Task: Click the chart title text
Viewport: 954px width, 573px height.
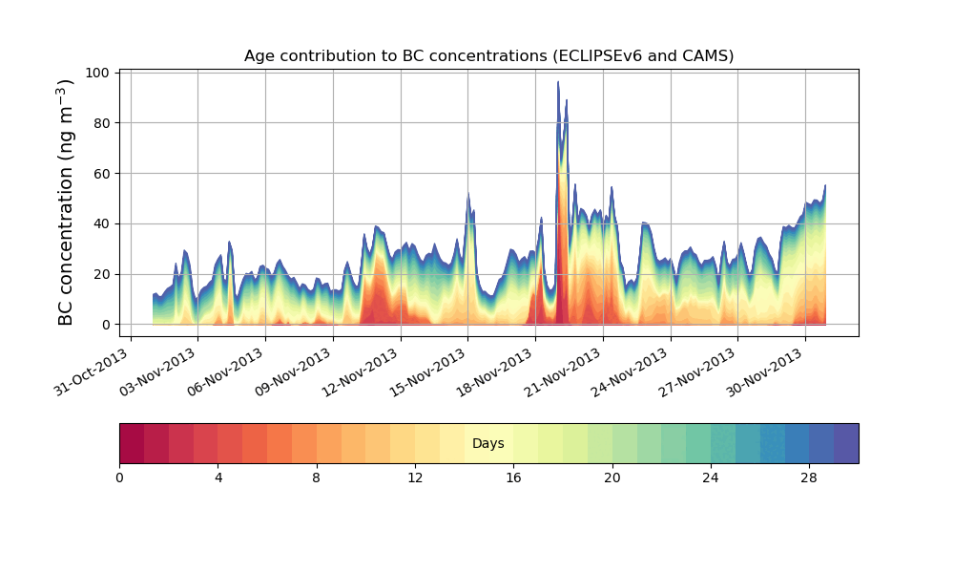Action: pyautogui.click(x=488, y=55)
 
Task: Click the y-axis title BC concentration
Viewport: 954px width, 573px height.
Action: pyautogui.click(x=66, y=202)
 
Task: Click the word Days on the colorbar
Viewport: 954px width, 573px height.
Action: pyautogui.click(x=488, y=444)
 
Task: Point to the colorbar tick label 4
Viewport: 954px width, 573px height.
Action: pyautogui.click(x=218, y=477)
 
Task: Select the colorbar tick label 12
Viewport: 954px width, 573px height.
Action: pyautogui.click(x=415, y=477)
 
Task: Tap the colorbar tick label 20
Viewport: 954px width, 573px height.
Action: pyautogui.click(x=612, y=477)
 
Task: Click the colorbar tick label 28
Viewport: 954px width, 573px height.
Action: pyautogui.click(x=809, y=477)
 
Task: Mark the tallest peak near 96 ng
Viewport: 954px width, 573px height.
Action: pyautogui.click(x=559, y=83)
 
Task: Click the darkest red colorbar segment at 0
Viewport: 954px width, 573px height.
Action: pyautogui.click(x=132, y=443)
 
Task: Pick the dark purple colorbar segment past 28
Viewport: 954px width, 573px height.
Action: pyautogui.click(x=846, y=443)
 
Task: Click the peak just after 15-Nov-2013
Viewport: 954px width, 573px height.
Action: pyautogui.click(x=468, y=195)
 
